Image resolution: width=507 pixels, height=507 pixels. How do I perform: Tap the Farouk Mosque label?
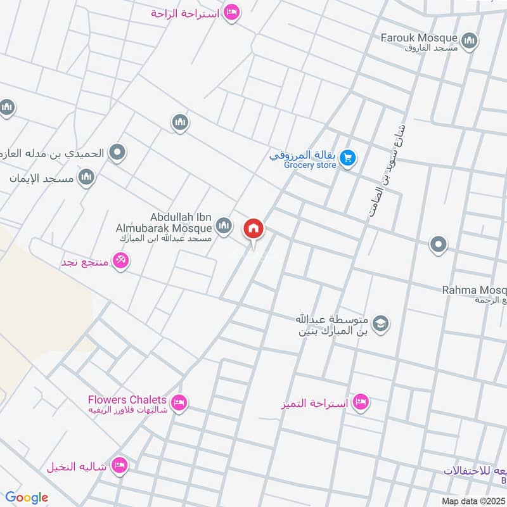click(x=419, y=38)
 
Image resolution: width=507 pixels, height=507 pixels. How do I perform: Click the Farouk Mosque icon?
click(x=469, y=42)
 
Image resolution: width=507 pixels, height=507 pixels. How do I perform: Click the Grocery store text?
click(x=310, y=165)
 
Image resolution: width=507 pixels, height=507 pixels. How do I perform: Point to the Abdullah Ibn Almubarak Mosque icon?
click(x=223, y=225)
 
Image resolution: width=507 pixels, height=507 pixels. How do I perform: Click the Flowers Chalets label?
click(x=127, y=400)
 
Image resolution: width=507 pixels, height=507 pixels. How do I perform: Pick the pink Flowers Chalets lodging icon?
click(x=179, y=403)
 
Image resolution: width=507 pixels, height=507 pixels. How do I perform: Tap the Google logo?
click(x=27, y=497)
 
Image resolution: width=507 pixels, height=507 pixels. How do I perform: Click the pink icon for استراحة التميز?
click(x=361, y=402)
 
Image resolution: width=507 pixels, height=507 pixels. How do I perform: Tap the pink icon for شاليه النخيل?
click(x=119, y=466)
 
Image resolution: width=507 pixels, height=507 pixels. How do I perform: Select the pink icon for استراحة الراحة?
click(x=232, y=13)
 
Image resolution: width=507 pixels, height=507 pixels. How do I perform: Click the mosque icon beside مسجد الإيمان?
click(x=87, y=177)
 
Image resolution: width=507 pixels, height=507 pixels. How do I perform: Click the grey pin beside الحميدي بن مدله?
click(x=117, y=152)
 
